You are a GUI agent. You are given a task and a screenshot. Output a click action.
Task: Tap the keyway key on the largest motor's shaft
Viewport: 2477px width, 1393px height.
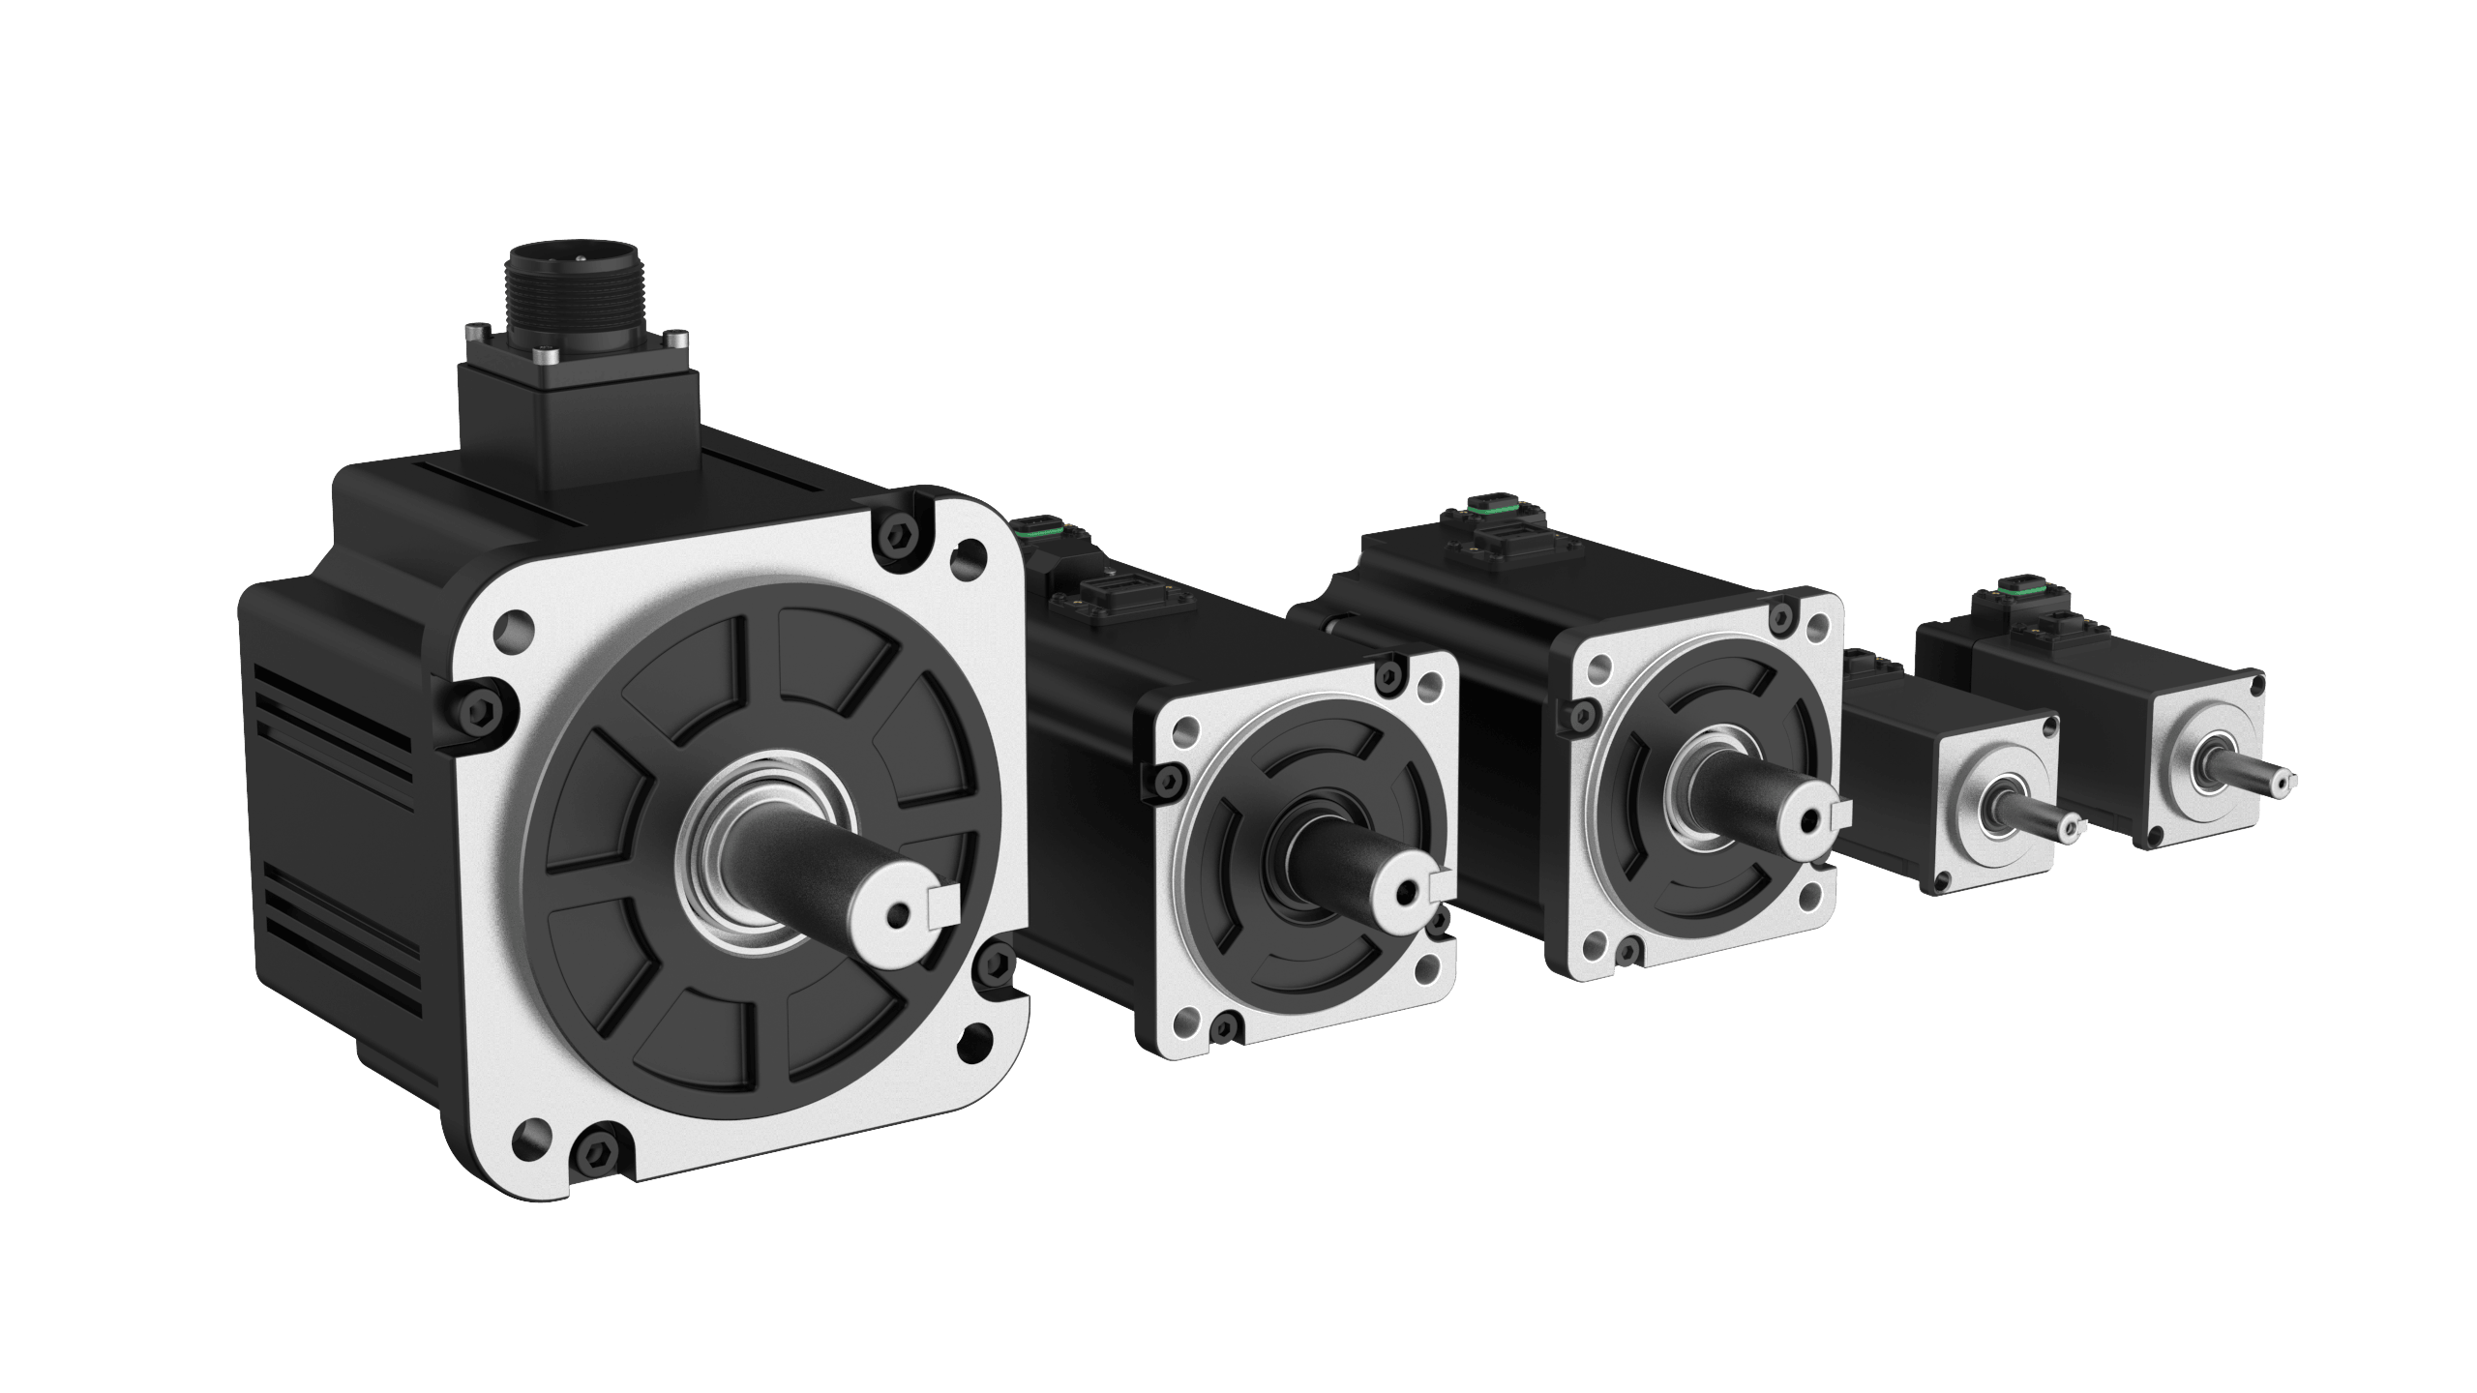click(942, 903)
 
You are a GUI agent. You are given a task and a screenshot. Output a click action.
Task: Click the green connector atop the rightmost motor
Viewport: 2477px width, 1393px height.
click(2012, 582)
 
